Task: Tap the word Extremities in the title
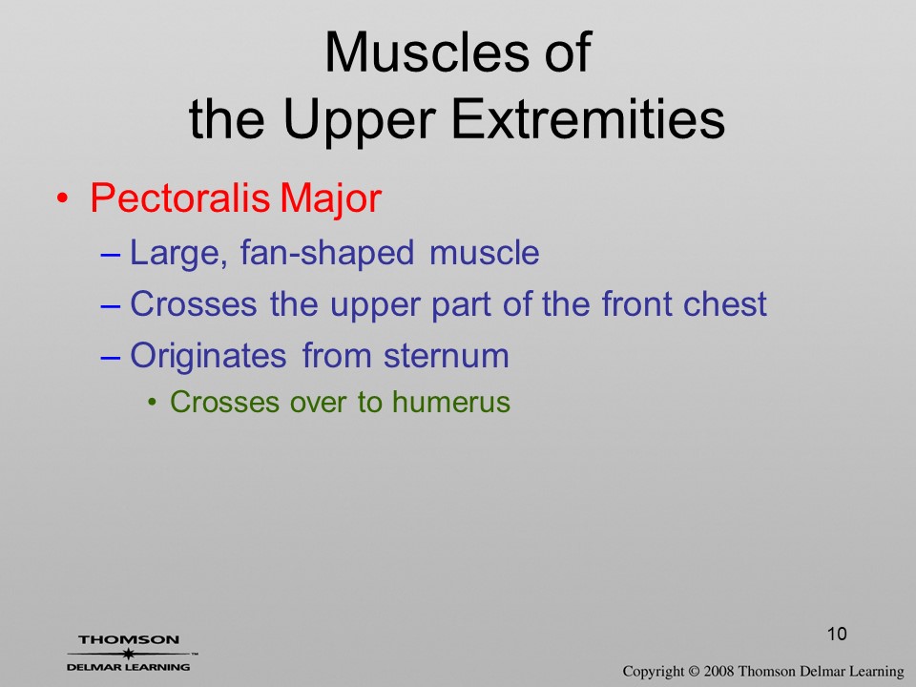click(589, 118)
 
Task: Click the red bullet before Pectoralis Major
click(62, 198)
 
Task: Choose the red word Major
click(331, 198)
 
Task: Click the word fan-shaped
click(327, 254)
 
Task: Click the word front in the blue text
click(636, 303)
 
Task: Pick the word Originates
click(208, 355)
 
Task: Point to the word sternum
click(447, 356)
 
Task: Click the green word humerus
click(451, 402)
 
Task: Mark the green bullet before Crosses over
click(153, 402)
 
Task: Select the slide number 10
click(837, 634)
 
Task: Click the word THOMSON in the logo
click(129, 639)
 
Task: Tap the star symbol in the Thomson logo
click(128, 654)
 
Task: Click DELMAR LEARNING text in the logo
click(129, 667)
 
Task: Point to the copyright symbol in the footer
click(694, 672)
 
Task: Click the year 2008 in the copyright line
click(718, 672)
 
